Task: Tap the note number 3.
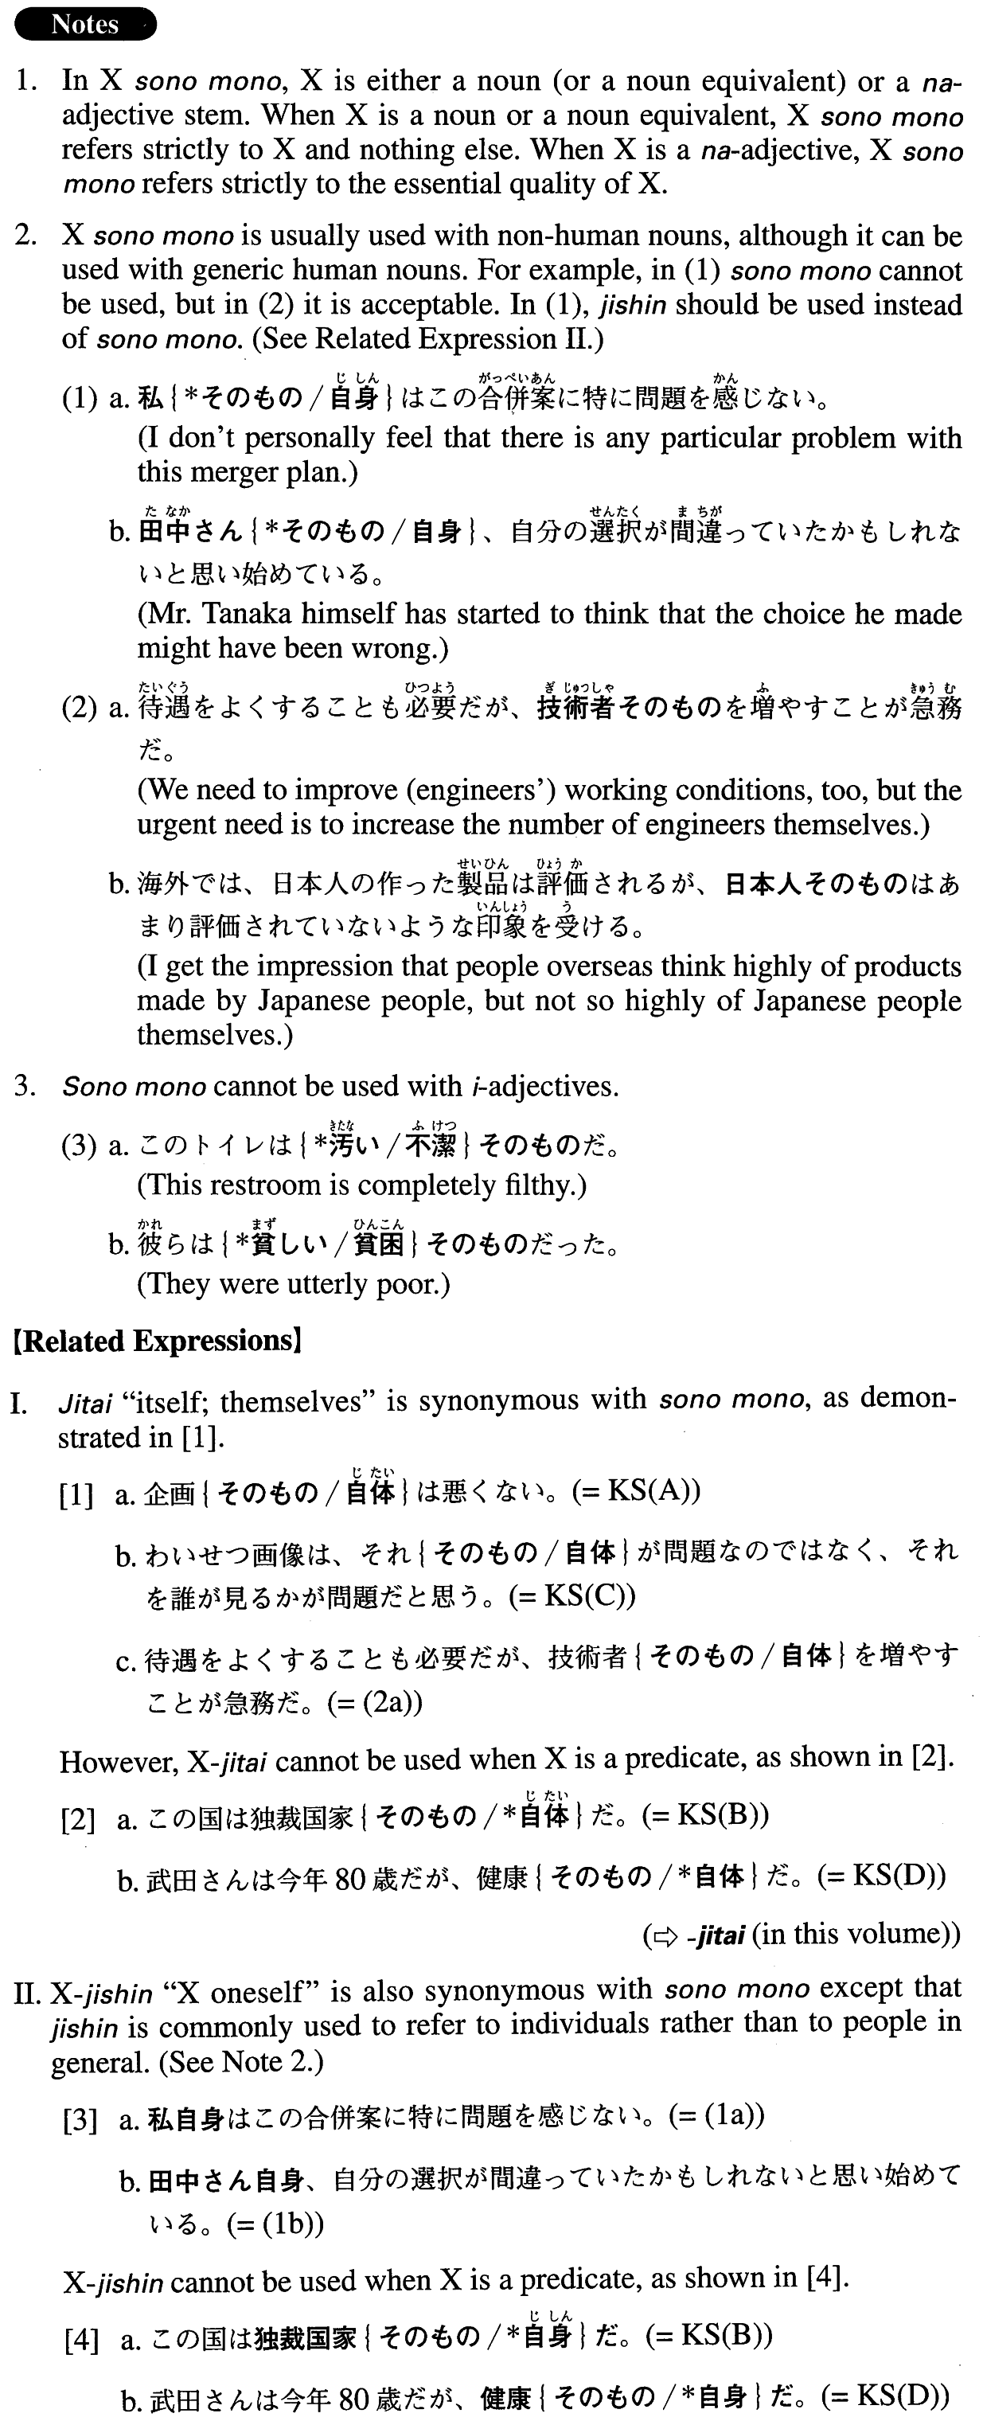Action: [25, 1087]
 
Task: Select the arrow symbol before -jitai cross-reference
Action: [665, 1935]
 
